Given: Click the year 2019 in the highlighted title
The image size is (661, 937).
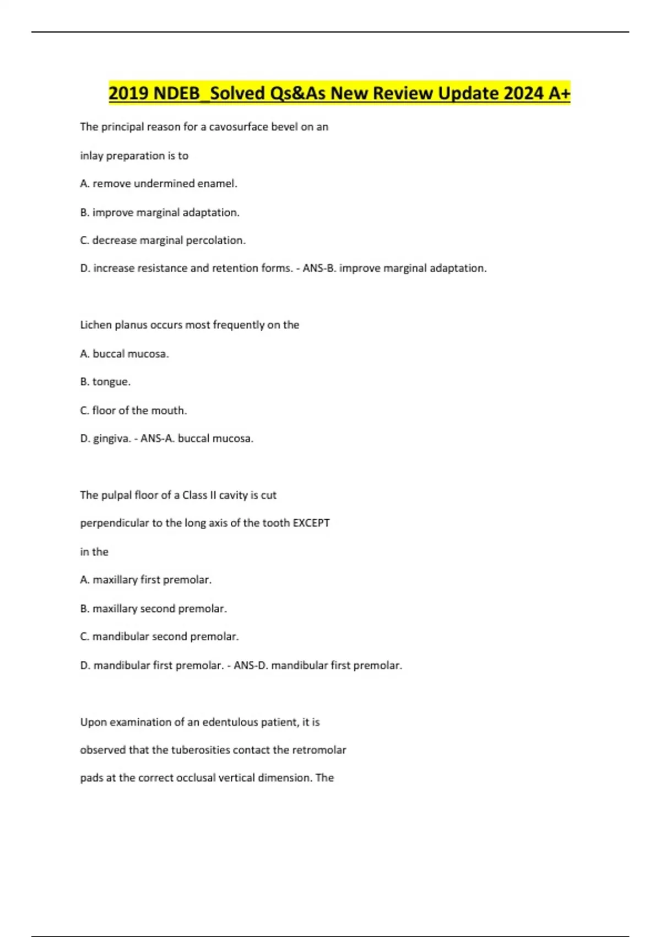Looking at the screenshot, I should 129,93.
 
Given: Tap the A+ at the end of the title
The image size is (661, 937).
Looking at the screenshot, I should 559,93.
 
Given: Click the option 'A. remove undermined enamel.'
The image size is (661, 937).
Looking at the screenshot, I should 159,184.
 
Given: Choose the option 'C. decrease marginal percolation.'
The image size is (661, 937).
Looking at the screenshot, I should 163,240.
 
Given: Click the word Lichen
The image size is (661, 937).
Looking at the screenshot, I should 95,325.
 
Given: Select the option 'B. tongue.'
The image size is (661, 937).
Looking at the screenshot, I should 105,381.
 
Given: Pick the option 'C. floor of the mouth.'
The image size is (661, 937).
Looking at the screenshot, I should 133,411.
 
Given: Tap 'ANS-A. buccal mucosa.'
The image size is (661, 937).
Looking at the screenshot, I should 197,439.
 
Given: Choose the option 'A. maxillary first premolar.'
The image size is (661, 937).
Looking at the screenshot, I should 146,580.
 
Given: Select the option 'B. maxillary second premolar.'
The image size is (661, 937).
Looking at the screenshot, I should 154,608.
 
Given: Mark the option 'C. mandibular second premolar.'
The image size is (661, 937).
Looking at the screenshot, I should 159,637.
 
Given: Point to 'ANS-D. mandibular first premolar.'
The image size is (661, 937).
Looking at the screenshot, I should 318,665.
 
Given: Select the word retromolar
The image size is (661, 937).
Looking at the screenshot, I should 319,750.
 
